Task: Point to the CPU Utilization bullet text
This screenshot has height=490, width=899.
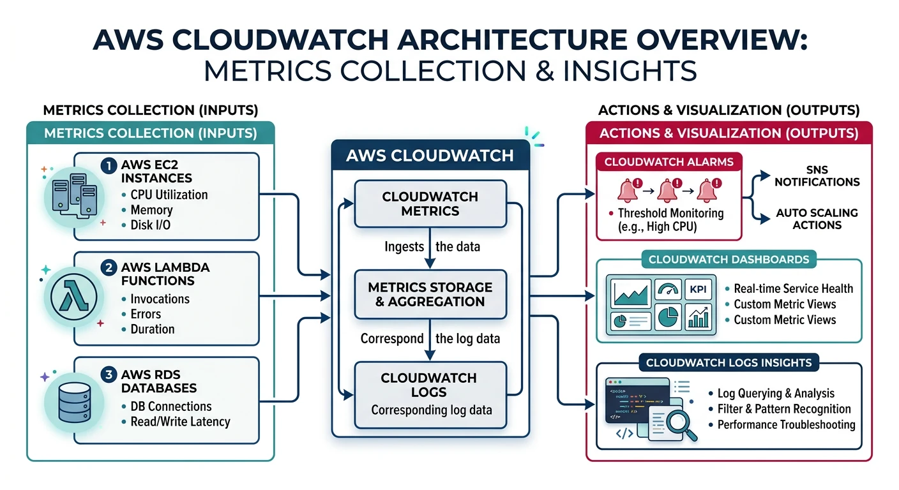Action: coord(169,195)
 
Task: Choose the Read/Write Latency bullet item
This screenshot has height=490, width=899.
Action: coord(180,422)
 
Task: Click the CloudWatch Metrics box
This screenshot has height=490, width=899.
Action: coord(430,204)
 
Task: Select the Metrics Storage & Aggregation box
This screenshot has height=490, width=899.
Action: coord(430,294)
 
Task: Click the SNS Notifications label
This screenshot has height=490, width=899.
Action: coord(817,176)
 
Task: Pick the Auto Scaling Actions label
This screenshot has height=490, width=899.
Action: coord(817,219)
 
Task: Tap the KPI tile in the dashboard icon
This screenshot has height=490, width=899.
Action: coord(697,289)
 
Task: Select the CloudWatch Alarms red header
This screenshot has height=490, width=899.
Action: coord(669,162)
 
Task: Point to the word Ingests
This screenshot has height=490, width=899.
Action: coord(404,247)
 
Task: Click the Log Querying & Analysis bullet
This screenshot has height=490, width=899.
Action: coord(775,394)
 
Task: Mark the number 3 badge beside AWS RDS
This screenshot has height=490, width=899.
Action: coord(109,375)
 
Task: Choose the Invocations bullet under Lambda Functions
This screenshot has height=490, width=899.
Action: coord(160,299)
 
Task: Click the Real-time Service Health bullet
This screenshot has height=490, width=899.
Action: coord(793,288)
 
